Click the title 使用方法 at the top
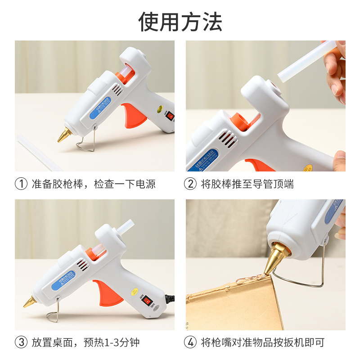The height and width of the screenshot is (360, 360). pyautogui.click(x=180, y=21)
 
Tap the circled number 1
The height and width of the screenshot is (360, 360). pyautogui.click(x=21, y=184)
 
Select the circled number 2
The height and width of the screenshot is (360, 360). pyautogui.click(x=190, y=184)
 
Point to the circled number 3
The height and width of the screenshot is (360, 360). pyautogui.click(x=21, y=342)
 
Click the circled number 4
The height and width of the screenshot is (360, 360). pyautogui.click(x=190, y=342)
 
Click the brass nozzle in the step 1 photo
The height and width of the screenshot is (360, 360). pyautogui.click(x=64, y=135)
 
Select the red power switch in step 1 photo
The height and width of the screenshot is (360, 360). pyautogui.click(x=170, y=116)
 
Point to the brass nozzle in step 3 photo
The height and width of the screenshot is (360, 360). pyautogui.click(x=31, y=301)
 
